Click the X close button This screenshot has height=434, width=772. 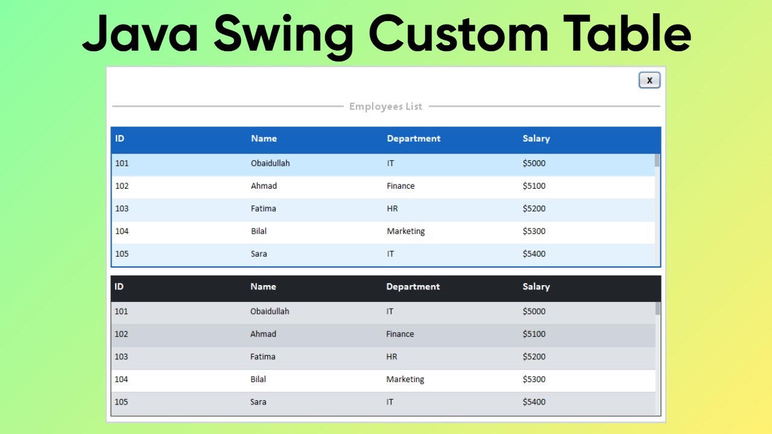tap(650, 80)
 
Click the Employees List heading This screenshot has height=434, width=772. tap(385, 107)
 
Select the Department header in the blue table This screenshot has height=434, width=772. tap(413, 139)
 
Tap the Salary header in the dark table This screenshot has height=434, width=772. tap(536, 287)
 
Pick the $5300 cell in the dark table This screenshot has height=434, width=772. tap(534, 379)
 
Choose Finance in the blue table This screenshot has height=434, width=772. tap(400, 186)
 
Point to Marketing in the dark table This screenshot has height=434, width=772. tap(405, 379)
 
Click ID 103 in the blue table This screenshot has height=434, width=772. tap(122, 209)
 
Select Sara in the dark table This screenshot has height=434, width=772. tap(258, 402)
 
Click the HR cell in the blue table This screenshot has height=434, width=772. tap(392, 209)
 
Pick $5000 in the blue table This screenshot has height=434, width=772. tap(534, 163)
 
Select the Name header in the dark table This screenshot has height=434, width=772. tap(263, 287)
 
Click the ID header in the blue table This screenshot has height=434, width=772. tap(119, 139)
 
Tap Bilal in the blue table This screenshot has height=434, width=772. tap(259, 231)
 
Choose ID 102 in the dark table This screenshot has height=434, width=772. tap(121, 334)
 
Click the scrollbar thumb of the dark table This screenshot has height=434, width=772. tap(657, 309)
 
